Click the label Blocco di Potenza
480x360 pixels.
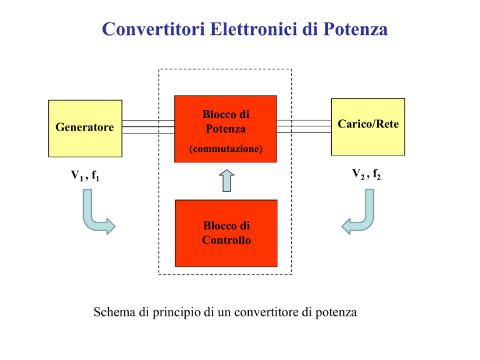click(x=226, y=122)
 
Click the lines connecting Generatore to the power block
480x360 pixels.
click(x=147, y=127)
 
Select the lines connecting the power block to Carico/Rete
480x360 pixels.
click(x=303, y=126)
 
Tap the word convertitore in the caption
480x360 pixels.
click(x=272, y=312)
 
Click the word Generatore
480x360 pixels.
click(x=85, y=127)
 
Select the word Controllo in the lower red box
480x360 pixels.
click(x=226, y=239)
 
